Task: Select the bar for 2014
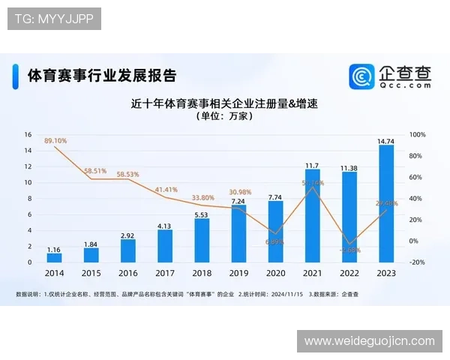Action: tap(54, 258)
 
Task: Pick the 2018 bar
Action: tap(202, 240)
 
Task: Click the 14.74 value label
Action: tap(386, 140)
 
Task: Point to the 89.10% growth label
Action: tap(55, 140)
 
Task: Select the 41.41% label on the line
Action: tap(166, 190)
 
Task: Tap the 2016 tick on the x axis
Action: tap(128, 274)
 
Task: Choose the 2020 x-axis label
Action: tap(275, 274)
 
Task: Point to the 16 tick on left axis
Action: tap(28, 135)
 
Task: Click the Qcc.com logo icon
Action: tap(362, 76)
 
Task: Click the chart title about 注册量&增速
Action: tap(224, 103)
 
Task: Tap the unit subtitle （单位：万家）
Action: tap(224, 117)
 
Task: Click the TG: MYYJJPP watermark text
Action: tap(53, 19)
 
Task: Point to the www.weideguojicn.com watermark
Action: tap(369, 341)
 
